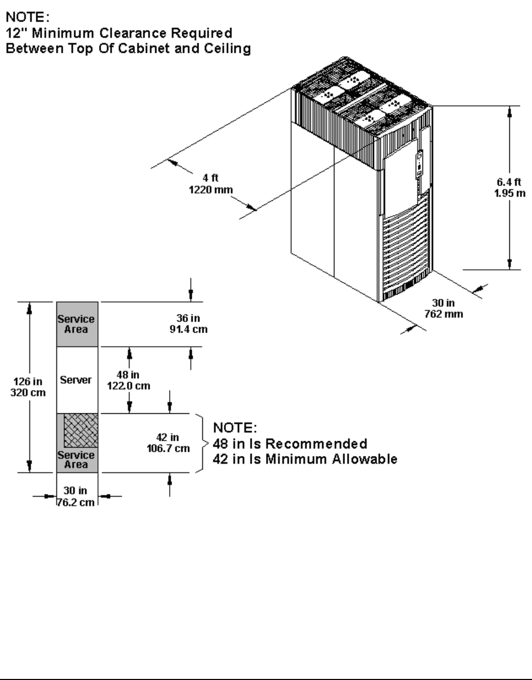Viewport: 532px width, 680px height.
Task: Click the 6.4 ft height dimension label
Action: tap(509, 188)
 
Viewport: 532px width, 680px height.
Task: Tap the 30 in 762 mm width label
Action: tap(444, 308)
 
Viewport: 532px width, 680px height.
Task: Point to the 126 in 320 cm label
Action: tap(28, 387)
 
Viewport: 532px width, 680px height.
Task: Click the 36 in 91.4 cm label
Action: tap(192, 324)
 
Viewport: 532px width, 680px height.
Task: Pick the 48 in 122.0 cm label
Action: tap(128, 380)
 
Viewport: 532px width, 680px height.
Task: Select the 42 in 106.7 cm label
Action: tap(168, 443)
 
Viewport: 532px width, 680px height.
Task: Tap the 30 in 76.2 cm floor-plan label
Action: tap(76, 497)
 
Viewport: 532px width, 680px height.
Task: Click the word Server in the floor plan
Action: tap(76, 380)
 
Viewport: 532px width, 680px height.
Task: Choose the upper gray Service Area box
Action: tap(77, 324)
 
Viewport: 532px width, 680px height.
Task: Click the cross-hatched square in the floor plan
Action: tap(81, 431)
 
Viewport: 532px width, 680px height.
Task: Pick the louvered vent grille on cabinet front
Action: tap(406, 248)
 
